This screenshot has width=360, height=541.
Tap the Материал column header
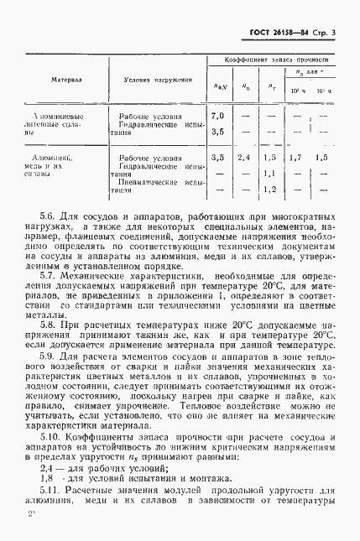[x=66, y=82]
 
